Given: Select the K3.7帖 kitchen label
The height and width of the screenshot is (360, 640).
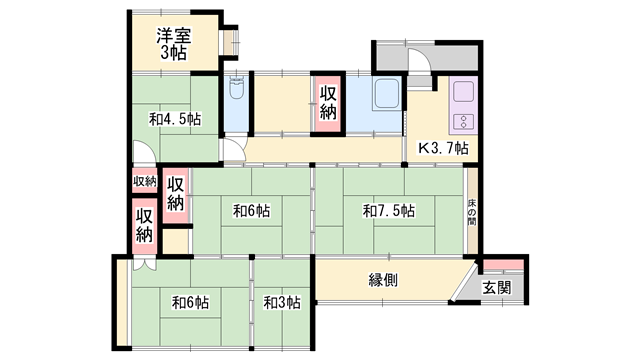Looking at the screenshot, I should click(442, 148).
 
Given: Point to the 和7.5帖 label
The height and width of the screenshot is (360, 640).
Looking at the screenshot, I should click(389, 211).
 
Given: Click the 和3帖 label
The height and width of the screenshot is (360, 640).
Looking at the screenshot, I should click(282, 302).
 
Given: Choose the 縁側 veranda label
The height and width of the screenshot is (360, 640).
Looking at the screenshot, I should click(383, 280).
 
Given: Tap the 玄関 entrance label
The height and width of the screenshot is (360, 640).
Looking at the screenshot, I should click(497, 287).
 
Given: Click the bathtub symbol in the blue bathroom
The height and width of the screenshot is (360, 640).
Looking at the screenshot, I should click(385, 98).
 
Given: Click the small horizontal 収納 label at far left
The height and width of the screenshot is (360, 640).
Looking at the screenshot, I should click(145, 181).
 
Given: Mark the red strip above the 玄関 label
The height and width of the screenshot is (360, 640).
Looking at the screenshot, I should click(503, 263).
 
